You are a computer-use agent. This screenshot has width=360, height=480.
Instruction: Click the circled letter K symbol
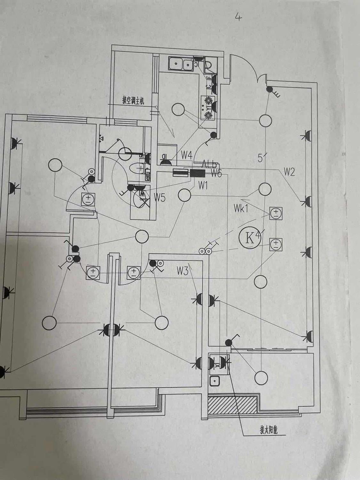[250, 237]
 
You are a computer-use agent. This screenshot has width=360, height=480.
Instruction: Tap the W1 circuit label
[203, 185]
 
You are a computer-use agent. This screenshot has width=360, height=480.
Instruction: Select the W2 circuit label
[289, 172]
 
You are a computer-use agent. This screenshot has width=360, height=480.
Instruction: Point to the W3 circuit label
[182, 271]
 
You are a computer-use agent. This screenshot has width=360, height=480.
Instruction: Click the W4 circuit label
[186, 156]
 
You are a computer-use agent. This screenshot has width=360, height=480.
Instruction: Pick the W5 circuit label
[159, 198]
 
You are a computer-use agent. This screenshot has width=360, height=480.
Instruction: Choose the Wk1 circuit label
[241, 209]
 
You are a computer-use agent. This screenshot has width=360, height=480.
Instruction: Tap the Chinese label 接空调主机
[133, 100]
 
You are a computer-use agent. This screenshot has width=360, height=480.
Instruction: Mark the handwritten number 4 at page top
[238, 17]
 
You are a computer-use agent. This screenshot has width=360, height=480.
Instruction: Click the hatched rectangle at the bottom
[232, 404]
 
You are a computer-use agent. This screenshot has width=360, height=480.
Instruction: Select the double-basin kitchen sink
[181, 64]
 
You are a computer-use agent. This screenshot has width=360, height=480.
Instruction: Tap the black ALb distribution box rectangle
[197, 173]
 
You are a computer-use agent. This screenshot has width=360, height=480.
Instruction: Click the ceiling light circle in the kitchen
[178, 109]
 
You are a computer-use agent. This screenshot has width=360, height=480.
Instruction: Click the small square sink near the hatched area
[214, 380]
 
